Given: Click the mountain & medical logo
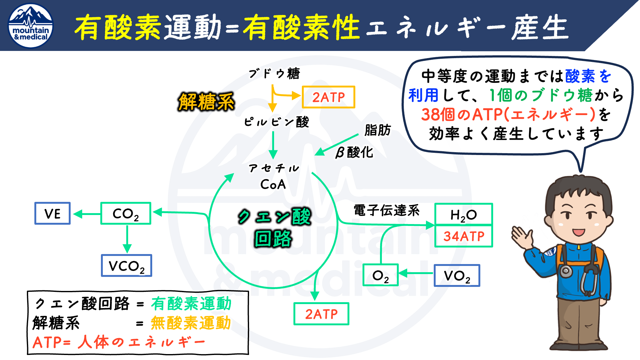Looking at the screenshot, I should click(x=31, y=26).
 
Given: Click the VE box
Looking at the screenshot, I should click(x=52, y=213).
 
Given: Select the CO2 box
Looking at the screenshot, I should click(x=126, y=213).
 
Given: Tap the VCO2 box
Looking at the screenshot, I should click(x=127, y=266).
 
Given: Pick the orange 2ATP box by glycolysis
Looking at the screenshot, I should click(x=328, y=97).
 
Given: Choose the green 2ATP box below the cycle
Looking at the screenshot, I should click(x=321, y=314).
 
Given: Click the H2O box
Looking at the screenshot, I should click(x=463, y=214).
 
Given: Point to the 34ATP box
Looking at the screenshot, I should click(x=463, y=236).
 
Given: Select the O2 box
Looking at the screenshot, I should click(x=380, y=275).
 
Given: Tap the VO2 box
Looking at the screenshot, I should click(x=457, y=276).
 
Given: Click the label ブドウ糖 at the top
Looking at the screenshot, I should click(x=274, y=74).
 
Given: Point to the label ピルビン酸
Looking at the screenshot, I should click(x=276, y=122).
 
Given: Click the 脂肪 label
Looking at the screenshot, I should click(x=377, y=130).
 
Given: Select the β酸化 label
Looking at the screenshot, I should click(x=354, y=152).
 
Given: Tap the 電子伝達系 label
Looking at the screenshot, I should click(x=386, y=210).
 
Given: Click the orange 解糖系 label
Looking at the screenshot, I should click(x=206, y=102).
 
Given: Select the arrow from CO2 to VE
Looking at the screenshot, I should click(x=87, y=214).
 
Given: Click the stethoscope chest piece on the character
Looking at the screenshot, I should click(x=566, y=271).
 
